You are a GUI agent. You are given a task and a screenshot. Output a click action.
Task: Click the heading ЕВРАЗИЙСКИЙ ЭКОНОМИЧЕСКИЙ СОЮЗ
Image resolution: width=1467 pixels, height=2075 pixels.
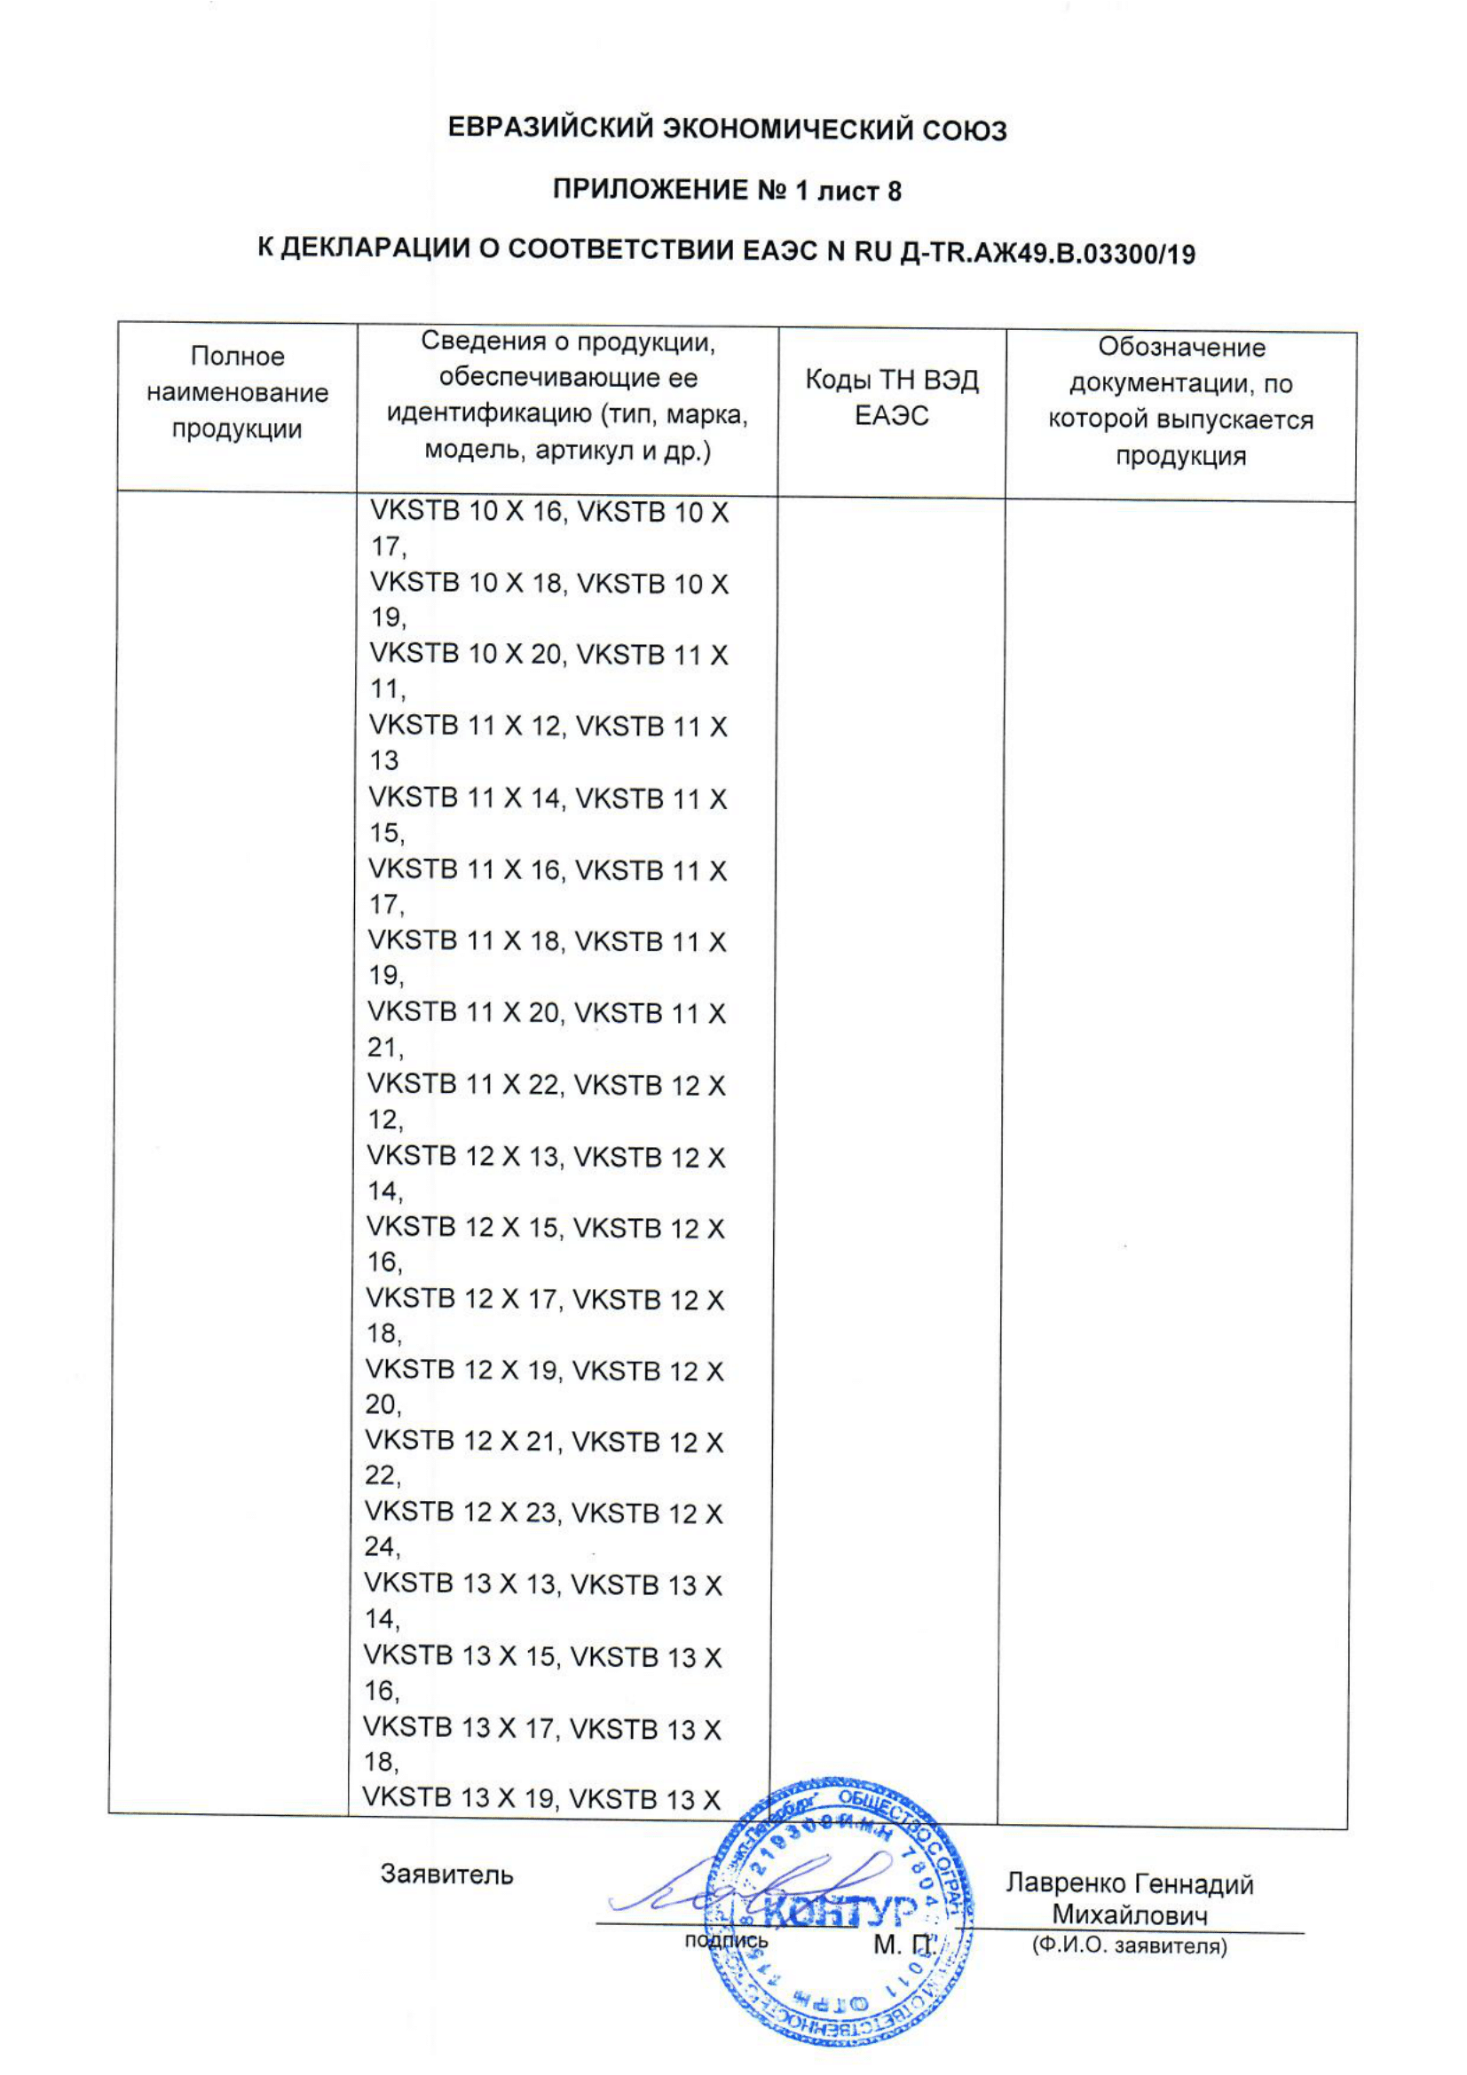pos(727,131)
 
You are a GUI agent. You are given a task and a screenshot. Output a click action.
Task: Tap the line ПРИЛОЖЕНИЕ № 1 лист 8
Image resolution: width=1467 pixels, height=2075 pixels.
pos(727,191)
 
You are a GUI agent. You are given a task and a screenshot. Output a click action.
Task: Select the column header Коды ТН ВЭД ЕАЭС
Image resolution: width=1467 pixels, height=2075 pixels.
pos(891,397)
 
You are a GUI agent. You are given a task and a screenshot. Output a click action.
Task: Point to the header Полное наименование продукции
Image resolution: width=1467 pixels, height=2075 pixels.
pos(237,393)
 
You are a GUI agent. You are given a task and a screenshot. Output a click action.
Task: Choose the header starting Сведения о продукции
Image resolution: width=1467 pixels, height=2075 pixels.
pos(568,396)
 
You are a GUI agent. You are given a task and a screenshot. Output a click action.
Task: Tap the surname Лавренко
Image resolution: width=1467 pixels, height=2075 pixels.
pos(1066,1884)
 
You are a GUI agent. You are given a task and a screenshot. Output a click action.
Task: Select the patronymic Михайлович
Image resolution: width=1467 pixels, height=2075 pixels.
pos(1129,1915)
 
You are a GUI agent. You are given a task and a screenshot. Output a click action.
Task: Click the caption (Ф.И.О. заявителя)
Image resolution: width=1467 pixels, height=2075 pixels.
pos(1129,1945)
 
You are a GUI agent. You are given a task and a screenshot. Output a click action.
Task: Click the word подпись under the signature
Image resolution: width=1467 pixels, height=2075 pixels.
pos(726,1940)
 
